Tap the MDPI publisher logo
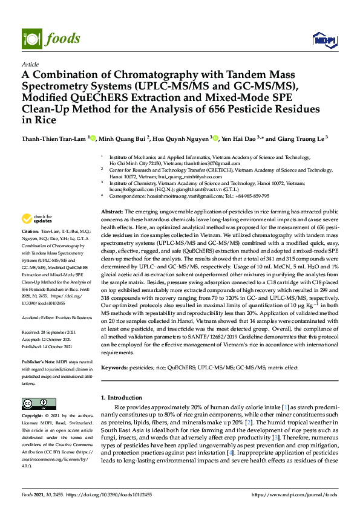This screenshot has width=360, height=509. [324, 40]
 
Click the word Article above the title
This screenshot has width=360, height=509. [30, 63]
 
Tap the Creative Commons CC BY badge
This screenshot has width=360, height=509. [34, 403]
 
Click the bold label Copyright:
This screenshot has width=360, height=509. [33, 416]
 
